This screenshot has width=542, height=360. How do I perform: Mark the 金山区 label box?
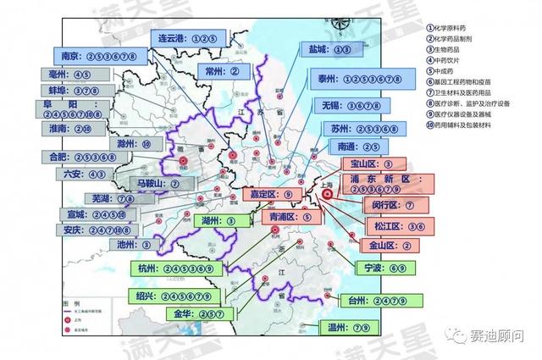tap(386, 246)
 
